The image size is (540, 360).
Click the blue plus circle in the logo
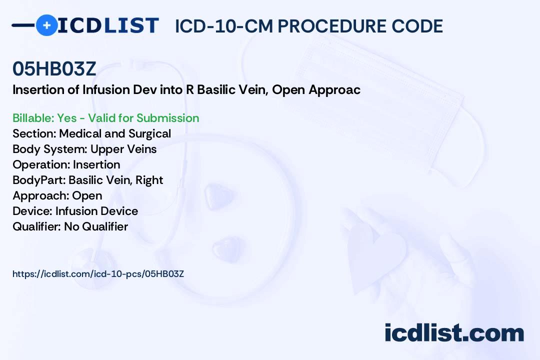pyautogui.click(x=47, y=25)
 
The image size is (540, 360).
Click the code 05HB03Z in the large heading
pyautogui.click(x=54, y=68)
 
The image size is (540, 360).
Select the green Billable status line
pyautogui.click(x=105, y=118)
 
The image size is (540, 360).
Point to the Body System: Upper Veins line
pyautogui.click(x=84, y=149)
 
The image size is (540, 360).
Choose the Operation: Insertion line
pyautogui.click(x=66, y=164)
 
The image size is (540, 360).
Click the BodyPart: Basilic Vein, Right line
pyautogui.click(x=88, y=180)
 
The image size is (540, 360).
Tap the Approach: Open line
pyautogui.click(x=57, y=195)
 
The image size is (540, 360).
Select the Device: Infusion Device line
pyautogui.click(x=75, y=211)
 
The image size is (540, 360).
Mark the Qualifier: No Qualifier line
pyautogui.click(x=70, y=226)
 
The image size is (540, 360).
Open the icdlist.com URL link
pyautogui.click(x=98, y=274)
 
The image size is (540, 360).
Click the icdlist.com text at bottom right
pyautogui.click(x=454, y=333)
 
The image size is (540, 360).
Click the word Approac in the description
pyautogui.click(x=334, y=90)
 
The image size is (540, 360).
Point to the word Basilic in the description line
pyautogui.click(x=215, y=89)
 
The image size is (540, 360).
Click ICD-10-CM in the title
pyautogui.click(x=224, y=26)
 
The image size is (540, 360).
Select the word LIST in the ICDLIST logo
pyautogui.click(x=131, y=25)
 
